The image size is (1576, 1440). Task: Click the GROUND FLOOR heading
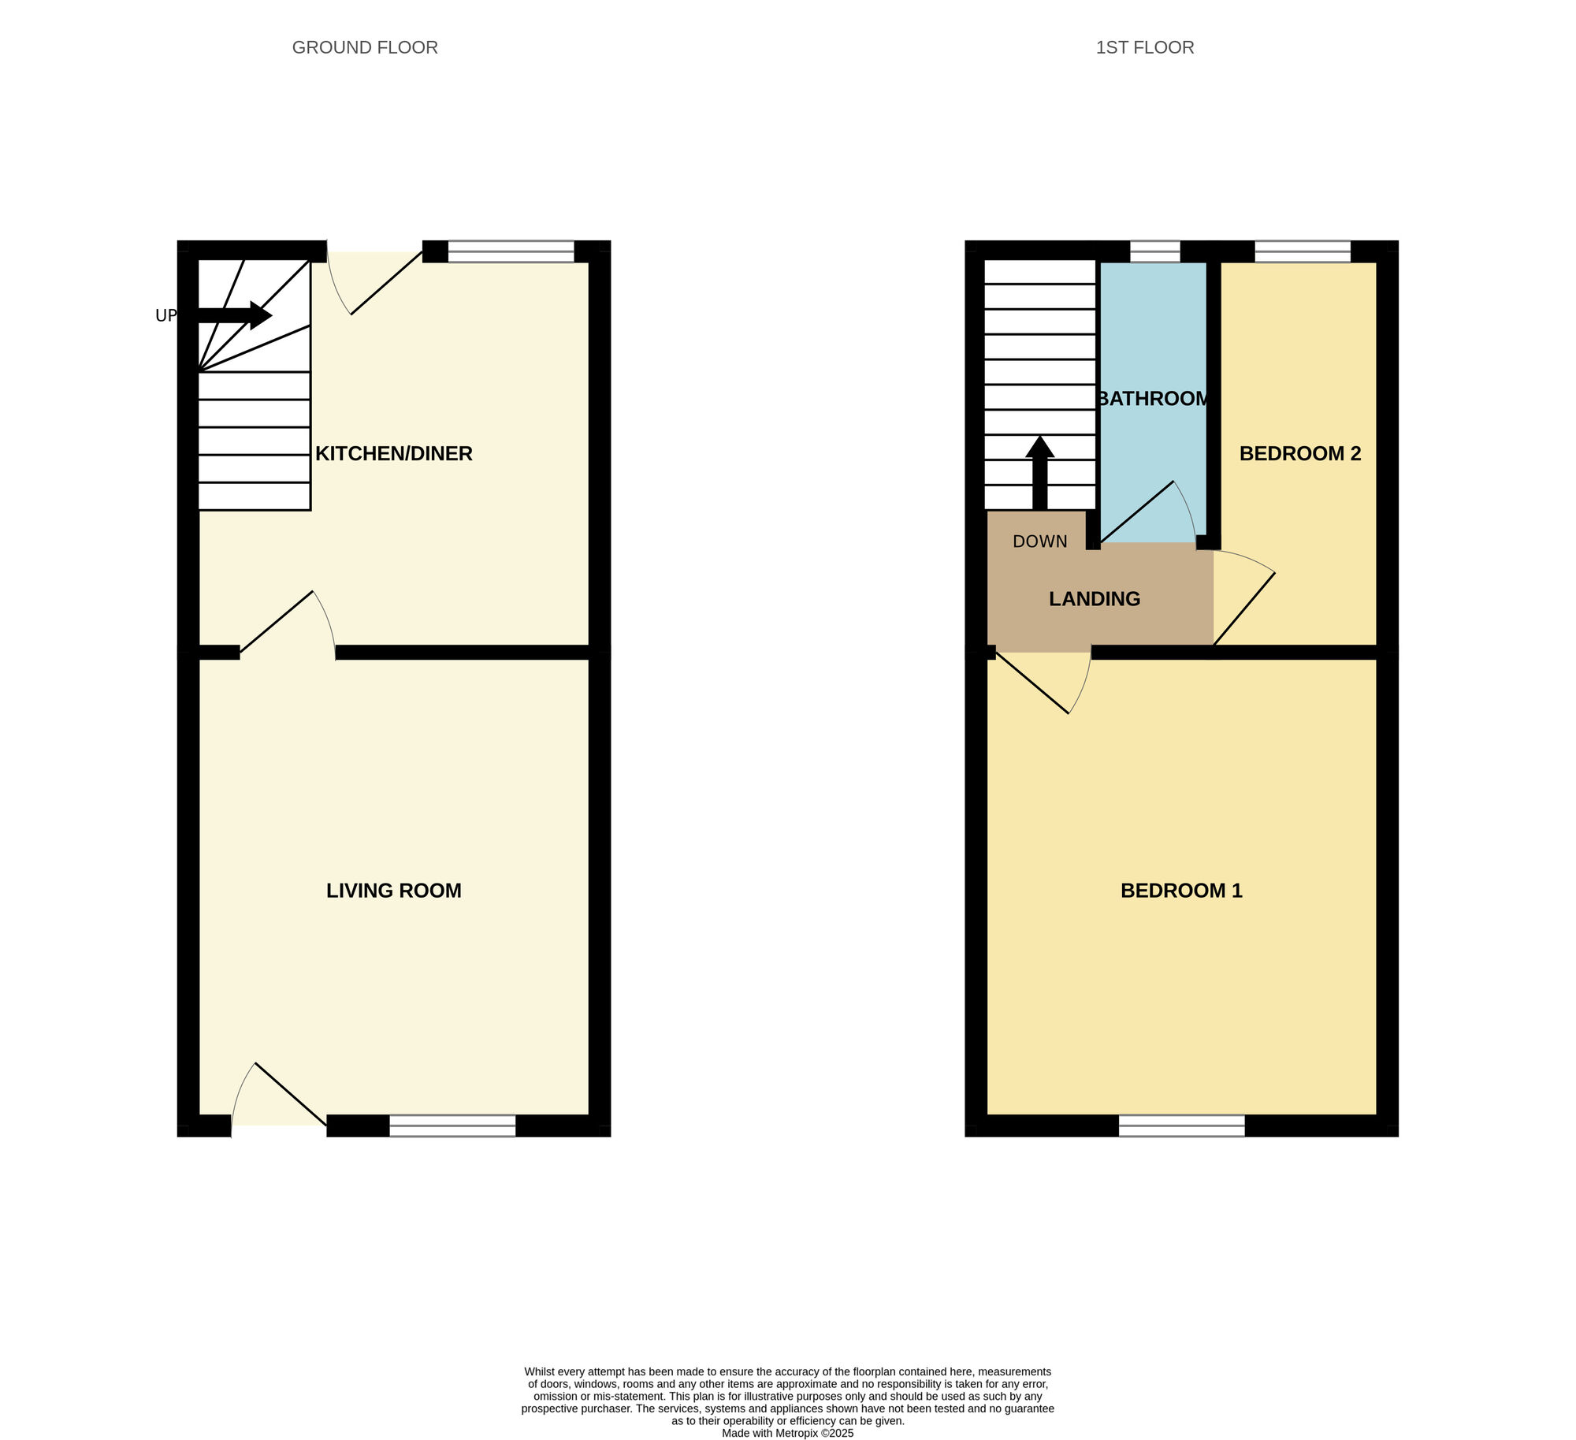pos(365,47)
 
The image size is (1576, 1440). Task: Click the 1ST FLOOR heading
pos(1144,47)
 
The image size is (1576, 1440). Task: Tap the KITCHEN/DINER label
pos(394,453)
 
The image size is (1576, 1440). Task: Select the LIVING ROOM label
pos(393,891)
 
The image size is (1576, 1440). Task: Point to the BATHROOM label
pos(1154,399)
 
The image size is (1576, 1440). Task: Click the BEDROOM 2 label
pos(1300,453)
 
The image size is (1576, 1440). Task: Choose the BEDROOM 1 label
pos(1181,891)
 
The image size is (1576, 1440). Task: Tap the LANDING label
pos(1095,599)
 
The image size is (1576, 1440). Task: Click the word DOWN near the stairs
pos(1040,541)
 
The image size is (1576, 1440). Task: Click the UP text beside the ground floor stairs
pos(165,316)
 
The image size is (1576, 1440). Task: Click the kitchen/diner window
pos(511,251)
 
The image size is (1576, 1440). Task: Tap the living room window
pos(452,1126)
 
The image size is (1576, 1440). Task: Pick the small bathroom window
pos(1155,251)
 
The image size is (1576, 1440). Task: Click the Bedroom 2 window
pos(1303,251)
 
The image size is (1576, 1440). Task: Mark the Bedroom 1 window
pos(1181,1126)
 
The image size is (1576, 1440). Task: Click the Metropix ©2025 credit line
pos(787,1434)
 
